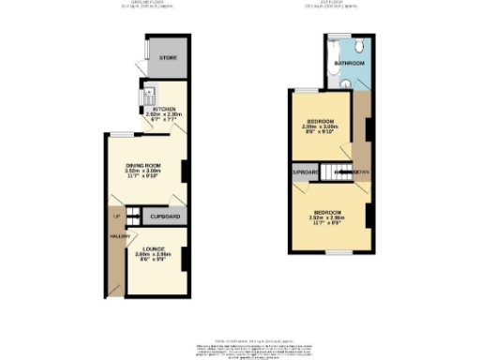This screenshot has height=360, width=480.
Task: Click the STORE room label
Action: click(x=168, y=58)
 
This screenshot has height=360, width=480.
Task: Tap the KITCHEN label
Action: click(x=166, y=109)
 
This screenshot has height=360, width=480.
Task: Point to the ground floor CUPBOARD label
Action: click(x=165, y=217)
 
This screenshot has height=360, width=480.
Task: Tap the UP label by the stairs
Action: click(x=116, y=218)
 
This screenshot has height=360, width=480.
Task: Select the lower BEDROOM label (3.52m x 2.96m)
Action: click(x=327, y=212)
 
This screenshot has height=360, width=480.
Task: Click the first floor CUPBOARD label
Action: click(x=304, y=172)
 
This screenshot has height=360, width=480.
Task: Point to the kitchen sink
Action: click(x=148, y=96)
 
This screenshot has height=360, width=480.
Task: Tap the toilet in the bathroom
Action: click(x=346, y=84)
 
